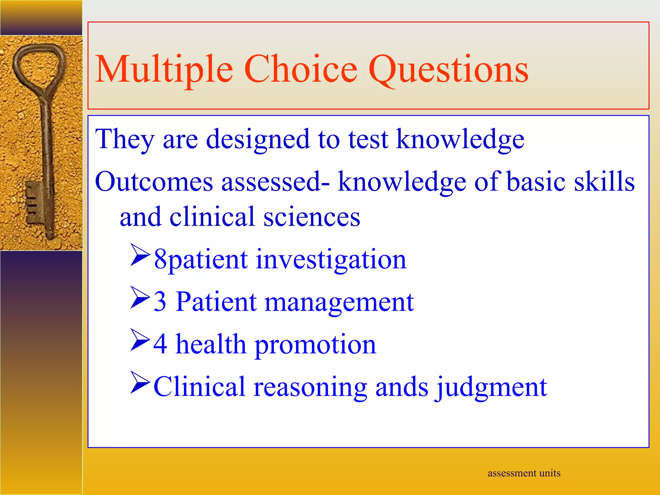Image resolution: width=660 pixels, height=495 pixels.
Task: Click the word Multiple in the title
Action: [x=164, y=70]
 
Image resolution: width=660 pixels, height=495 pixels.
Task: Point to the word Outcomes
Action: [x=154, y=182]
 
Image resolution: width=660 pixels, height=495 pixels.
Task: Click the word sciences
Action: [x=312, y=217]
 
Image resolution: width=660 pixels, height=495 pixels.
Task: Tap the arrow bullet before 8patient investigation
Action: [x=140, y=255]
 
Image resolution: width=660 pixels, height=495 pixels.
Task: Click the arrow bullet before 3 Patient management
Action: [x=140, y=298]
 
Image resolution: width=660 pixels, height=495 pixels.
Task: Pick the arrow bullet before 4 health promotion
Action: [x=140, y=340]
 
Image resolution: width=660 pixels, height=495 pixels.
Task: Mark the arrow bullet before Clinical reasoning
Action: [x=140, y=383]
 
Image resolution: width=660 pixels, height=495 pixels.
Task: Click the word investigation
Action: [x=331, y=259]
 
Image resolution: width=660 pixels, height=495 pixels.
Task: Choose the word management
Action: [x=339, y=302]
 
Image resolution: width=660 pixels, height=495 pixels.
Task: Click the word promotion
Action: [x=315, y=345]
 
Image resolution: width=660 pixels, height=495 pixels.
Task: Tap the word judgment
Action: [x=491, y=387]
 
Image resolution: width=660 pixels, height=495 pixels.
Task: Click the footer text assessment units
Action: [x=524, y=473]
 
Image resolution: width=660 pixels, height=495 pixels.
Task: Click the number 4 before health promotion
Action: [x=160, y=344]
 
